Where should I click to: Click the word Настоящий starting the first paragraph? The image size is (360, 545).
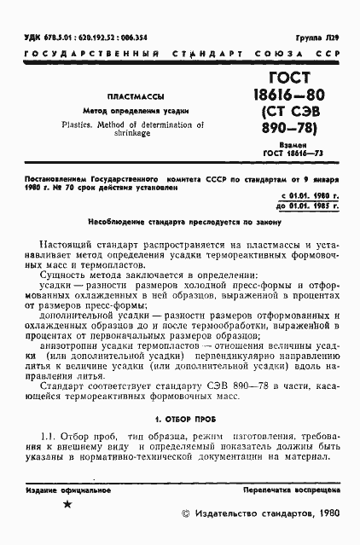coord(67,244)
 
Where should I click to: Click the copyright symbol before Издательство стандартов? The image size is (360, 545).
coord(188,515)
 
